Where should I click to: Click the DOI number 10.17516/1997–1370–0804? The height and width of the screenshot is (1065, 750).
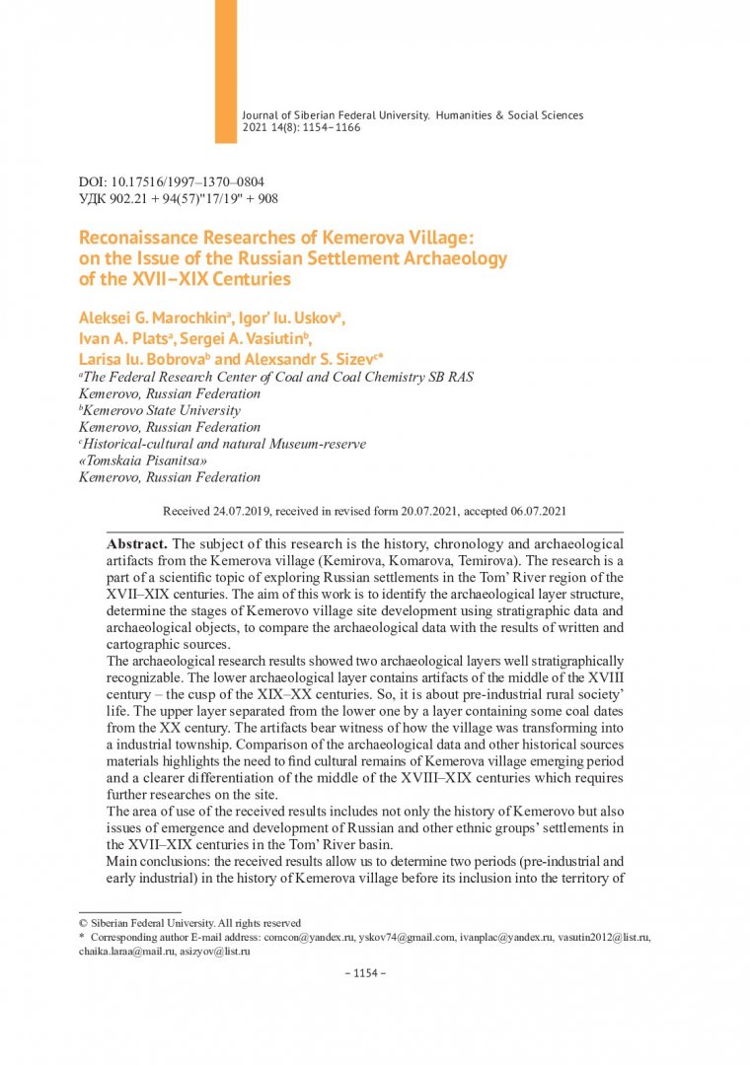tap(188, 182)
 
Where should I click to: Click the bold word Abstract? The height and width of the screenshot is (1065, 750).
tap(137, 543)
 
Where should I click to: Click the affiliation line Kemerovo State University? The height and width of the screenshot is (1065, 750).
tap(160, 410)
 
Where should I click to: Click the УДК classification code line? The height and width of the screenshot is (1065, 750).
tap(178, 199)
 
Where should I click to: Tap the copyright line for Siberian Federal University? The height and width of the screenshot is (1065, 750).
tap(189, 922)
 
